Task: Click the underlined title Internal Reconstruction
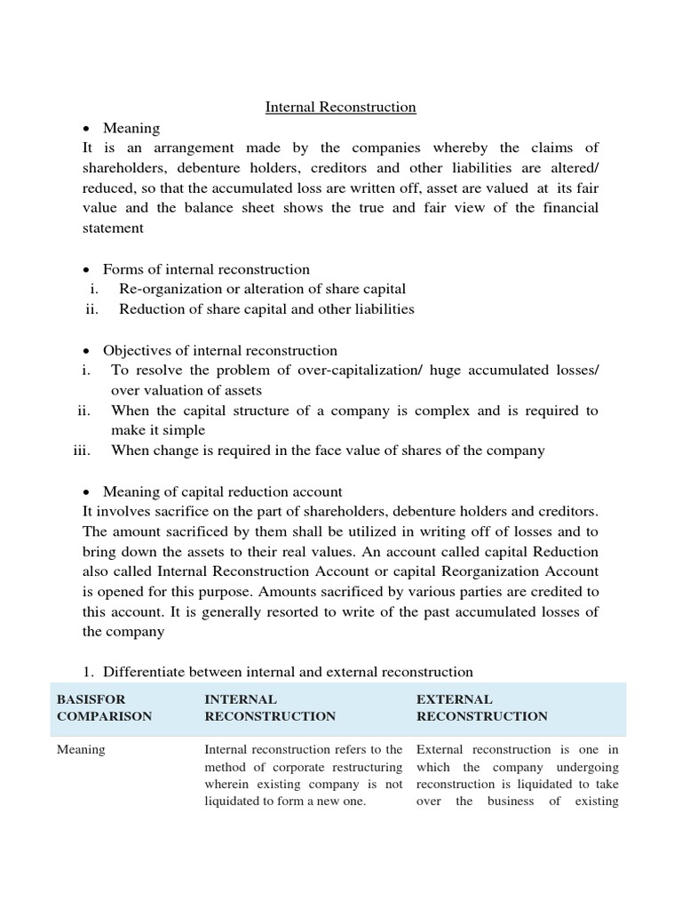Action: click(x=341, y=108)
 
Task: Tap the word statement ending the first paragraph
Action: click(x=113, y=227)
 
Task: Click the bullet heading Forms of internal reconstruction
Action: click(x=206, y=269)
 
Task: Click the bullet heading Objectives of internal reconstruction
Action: click(x=219, y=350)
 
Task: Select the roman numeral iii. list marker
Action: click(x=82, y=451)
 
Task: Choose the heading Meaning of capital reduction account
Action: click(x=222, y=491)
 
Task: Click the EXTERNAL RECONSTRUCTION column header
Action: click(x=481, y=707)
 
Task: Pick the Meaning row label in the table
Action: click(x=81, y=750)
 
